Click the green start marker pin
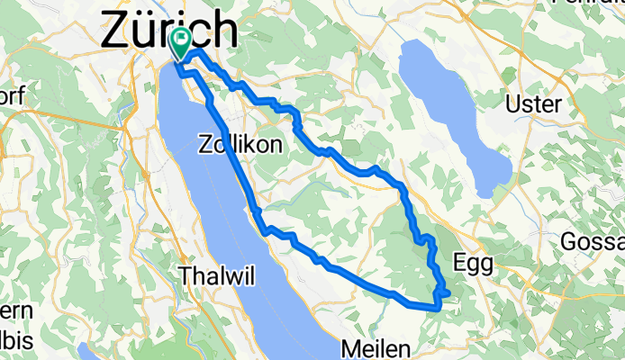coord(180,40)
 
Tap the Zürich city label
coord(170,30)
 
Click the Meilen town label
coord(377,348)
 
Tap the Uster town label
coord(534,104)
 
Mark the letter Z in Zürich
coord(120,30)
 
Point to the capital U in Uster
coord(516,104)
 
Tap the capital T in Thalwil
coord(187,274)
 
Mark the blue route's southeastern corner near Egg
coord(439,306)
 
